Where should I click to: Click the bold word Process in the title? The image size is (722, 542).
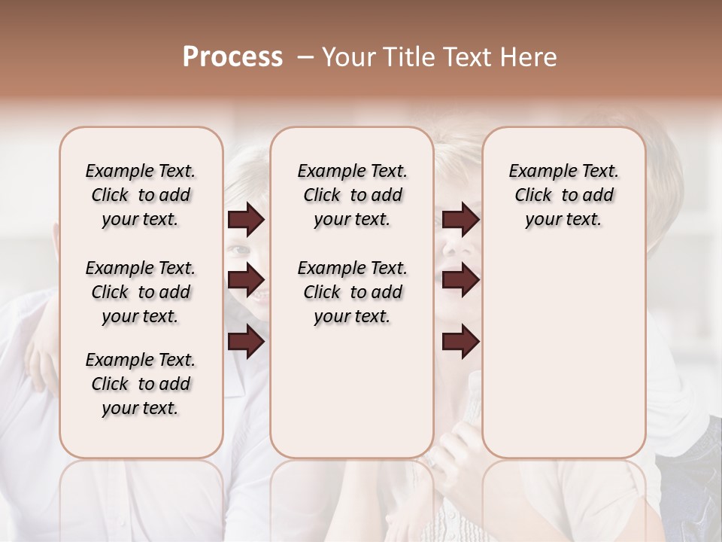[x=232, y=57]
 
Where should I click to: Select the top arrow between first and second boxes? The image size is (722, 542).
[x=246, y=220]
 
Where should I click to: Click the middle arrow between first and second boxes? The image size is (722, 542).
[x=246, y=280]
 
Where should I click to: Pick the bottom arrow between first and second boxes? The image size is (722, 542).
[x=246, y=342]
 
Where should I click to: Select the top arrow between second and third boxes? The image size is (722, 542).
[x=460, y=220]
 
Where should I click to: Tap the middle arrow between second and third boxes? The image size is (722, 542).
[x=460, y=280]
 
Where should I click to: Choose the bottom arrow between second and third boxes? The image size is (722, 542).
[x=460, y=342]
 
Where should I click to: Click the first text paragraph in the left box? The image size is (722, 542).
[x=141, y=195]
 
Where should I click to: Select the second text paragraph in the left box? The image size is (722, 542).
[x=141, y=292]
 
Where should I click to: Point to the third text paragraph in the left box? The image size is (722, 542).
[x=141, y=384]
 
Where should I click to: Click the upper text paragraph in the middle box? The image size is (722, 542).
[x=352, y=195]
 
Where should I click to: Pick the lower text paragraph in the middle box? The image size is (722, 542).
[x=352, y=292]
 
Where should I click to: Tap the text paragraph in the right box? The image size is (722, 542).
[x=563, y=195]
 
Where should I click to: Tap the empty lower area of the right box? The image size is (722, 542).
[x=563, y=354]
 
